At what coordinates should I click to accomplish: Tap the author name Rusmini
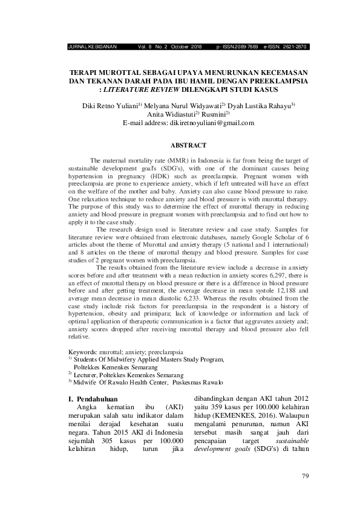[x=214, y=113]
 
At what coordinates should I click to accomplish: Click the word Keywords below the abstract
[x=82, y=351]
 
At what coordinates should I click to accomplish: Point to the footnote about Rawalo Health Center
[x=148, y=382]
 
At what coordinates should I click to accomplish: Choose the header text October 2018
[x=188, y=46]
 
